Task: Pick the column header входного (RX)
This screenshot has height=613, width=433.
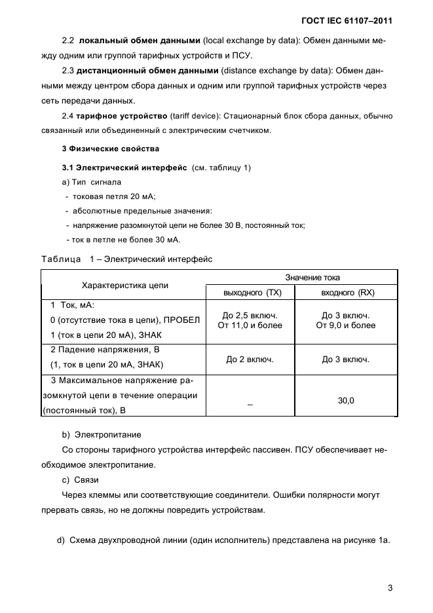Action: [345, 293]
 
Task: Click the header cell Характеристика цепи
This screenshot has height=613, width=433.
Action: [124, 286]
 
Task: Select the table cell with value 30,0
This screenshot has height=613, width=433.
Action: [345, 399]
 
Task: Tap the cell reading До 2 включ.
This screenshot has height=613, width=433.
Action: [250, 359]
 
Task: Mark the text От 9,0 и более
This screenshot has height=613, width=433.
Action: [345, 325]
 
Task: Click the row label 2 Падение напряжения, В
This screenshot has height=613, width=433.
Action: [105, 350]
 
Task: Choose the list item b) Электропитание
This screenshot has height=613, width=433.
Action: [102, 434]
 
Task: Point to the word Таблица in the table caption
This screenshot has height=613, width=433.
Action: [61, 259]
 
